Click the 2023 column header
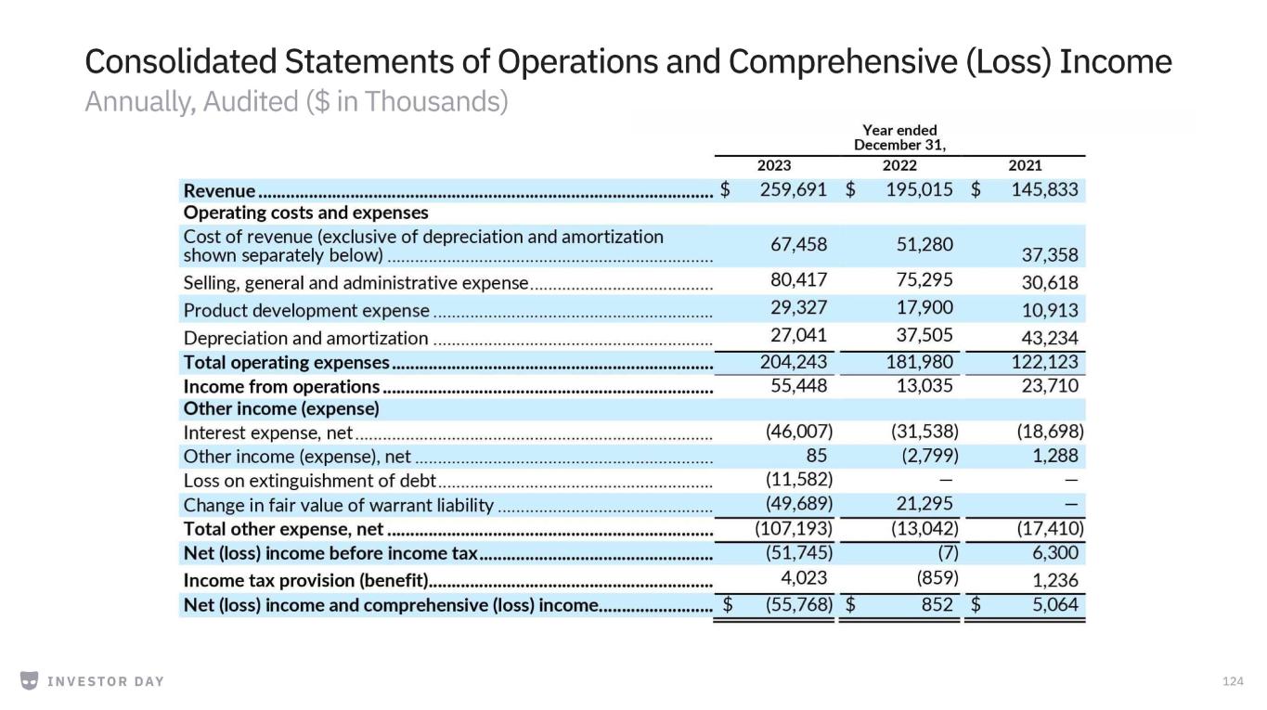coord(774,165)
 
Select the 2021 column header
coord(1025,165)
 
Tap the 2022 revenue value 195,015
coord(919,189)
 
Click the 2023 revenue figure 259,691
coord(793,189)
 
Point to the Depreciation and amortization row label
coord(305,339)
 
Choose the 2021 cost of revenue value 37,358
coord(1050,255)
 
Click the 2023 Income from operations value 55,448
coord(798,386)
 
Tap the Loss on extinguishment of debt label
coord(309,481)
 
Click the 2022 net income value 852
coord(937,605)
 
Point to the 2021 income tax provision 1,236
coord(1055,580)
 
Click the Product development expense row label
coord(306,311)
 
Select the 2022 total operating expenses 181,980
coord(919,362)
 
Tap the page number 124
coord(1233,682)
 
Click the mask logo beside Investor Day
coord(30,680)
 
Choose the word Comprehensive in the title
coord(843,61)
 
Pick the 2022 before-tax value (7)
coord(948,553)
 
